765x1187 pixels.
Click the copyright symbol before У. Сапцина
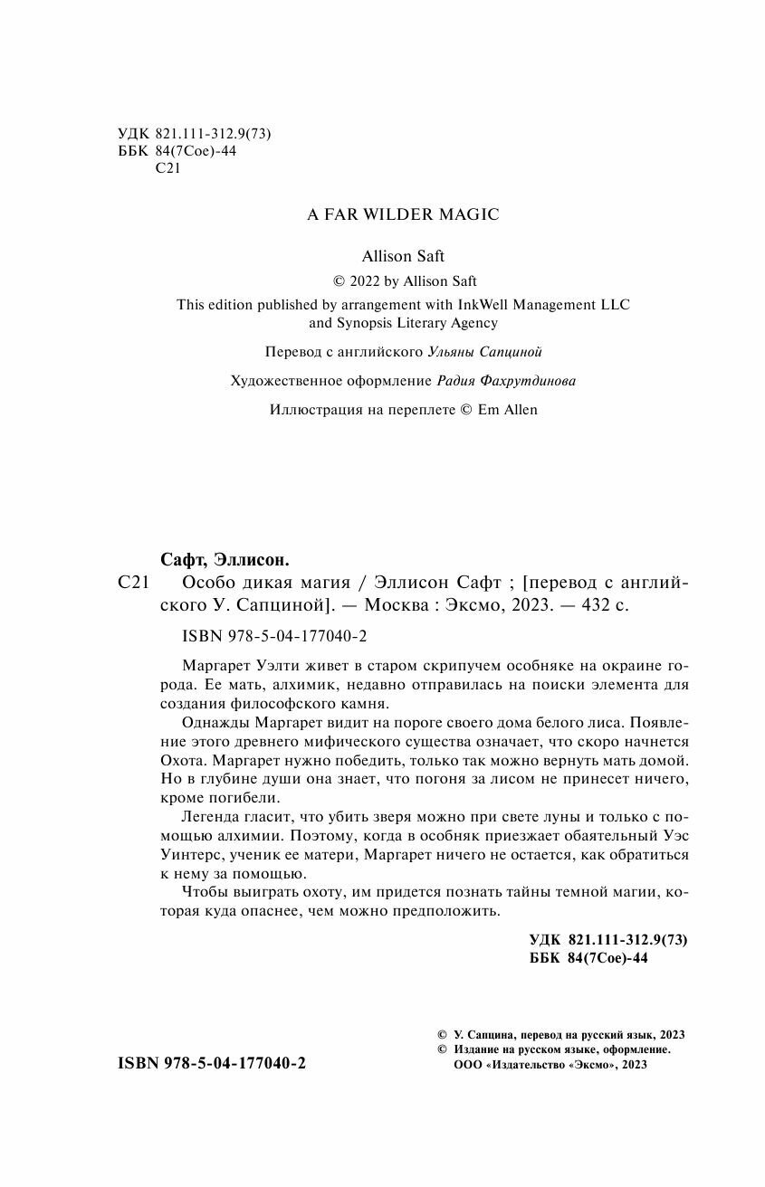tap(442, 1034)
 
